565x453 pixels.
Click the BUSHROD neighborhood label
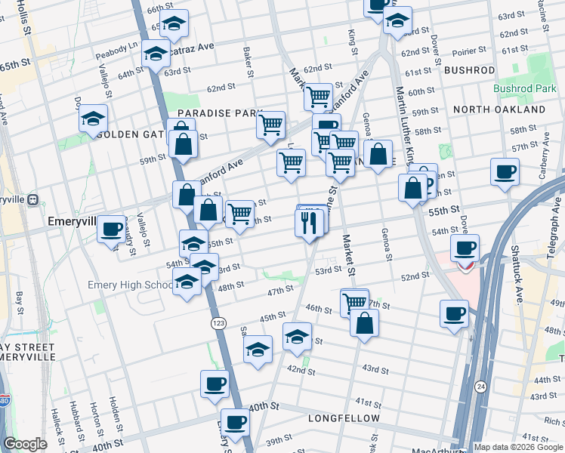[469, 70]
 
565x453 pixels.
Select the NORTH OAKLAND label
[499, 109]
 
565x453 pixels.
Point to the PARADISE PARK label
[220, 113]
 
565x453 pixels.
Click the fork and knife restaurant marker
[309, 223]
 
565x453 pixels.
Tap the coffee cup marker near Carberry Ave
[505, 171]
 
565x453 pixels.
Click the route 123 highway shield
[218, 322]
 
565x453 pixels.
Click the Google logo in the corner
[25, 444]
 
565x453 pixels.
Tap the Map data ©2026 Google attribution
[518, 447]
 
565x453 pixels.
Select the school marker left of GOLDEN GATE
[93, 119]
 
